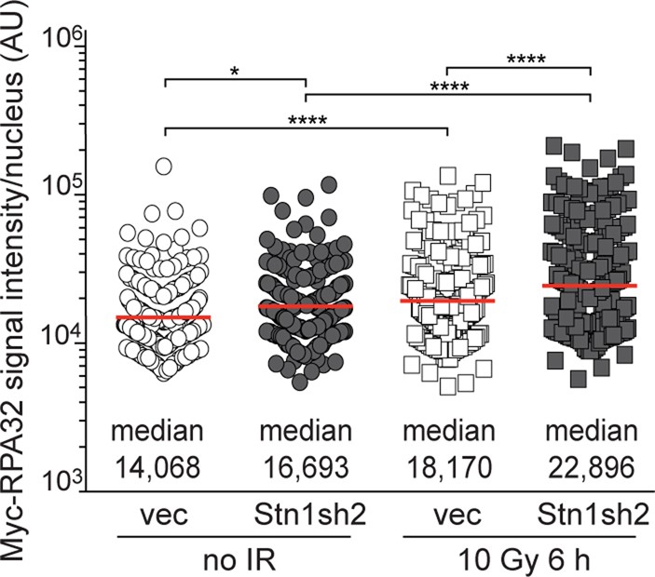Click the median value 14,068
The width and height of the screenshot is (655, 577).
coord(164,463)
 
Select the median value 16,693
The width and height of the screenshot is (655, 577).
coord(307,463)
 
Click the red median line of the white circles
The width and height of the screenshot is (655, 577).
coord(164,317)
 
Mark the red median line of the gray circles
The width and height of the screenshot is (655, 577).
coord(307,306)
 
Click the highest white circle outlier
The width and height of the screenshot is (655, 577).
coord(164,167)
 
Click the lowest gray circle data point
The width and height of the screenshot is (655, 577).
coord(299,382)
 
